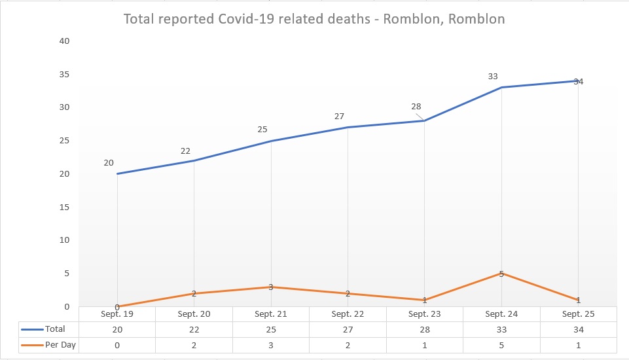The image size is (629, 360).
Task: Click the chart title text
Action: pos(314,19)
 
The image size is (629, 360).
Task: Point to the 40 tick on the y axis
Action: pos(64,41)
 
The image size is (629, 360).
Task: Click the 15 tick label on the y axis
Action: pos(64,207)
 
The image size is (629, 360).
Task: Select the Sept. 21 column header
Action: pos(271,314)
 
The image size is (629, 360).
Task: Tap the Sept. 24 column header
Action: pos(501,314)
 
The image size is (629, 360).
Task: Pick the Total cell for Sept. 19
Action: pos(117,329)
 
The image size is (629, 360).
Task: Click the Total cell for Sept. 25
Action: pos(579,329)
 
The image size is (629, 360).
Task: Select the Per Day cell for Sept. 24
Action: pos(501,345)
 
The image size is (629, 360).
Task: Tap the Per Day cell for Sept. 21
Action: pos(271,345)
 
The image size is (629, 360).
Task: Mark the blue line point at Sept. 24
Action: pos(501,87)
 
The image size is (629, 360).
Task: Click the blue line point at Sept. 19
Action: pos(117,173)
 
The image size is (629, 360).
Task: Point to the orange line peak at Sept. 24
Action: pos(501,273)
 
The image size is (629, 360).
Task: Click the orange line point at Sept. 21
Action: pos(271,287)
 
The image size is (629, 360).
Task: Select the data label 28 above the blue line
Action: pos(416,107)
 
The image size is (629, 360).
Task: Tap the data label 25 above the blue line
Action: pos(262,130)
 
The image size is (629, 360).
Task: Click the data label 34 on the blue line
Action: pos(579,82)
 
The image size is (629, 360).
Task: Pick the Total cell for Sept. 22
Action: pos(348,329)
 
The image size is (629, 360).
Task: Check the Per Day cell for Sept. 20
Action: pos(194,345)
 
